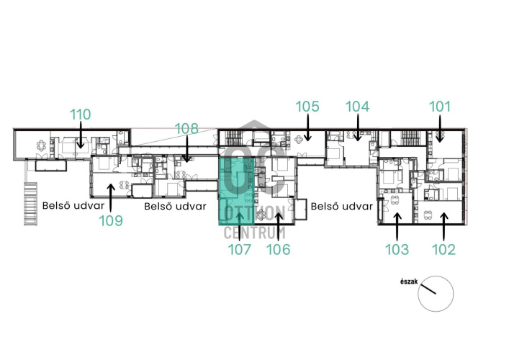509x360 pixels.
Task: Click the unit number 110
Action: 81,114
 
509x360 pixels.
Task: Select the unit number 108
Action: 186,129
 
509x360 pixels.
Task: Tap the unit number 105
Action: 307,107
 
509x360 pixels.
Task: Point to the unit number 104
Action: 357,107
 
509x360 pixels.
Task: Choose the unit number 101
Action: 440,107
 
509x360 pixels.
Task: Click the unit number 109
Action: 111,221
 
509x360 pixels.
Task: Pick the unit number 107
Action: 240,249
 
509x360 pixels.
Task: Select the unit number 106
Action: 278,249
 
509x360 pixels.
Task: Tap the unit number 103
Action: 397,249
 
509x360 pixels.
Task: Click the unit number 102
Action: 443,249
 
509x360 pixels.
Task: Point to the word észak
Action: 409,282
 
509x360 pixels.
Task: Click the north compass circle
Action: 436,294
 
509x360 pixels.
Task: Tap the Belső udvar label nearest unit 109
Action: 73,206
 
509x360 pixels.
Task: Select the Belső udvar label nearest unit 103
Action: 342,207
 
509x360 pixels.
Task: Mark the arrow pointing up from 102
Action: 443,227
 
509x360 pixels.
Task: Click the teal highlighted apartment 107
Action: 236,191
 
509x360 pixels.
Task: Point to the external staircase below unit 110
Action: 30,204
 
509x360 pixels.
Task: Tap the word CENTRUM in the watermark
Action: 255,233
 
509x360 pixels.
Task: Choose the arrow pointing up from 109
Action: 111,198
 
